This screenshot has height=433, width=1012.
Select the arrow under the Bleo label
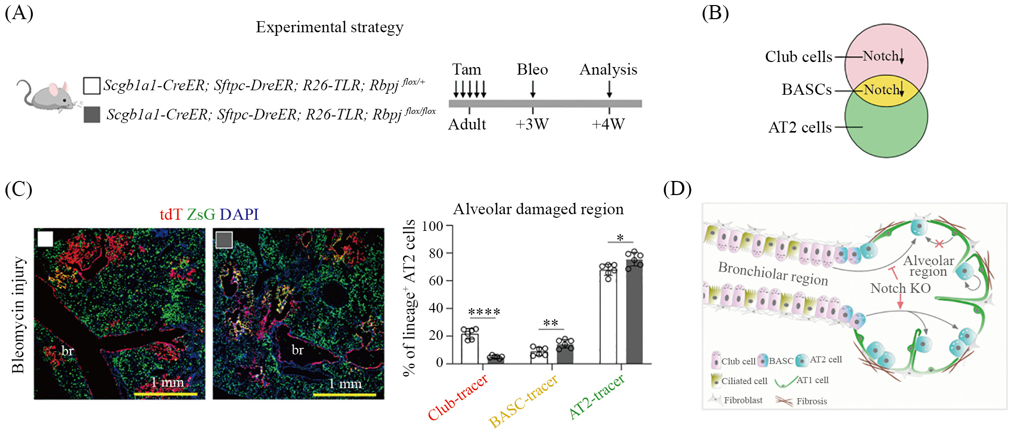(x=532, y=89)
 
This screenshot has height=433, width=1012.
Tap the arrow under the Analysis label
(x=609, y=89)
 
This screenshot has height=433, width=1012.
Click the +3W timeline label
(x=532, y=124)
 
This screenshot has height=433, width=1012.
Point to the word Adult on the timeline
(x=467, y=124)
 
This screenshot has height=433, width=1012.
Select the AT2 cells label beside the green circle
(x=799, y=128)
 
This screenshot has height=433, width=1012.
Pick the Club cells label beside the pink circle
(x=798, y=57)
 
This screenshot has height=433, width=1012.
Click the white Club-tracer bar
(x=469, y=348)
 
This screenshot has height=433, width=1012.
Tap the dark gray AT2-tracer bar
(x=634, y=312)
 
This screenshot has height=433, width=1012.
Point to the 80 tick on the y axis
(x=436, y=253)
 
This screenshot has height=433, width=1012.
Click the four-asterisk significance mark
(x=484, y=312)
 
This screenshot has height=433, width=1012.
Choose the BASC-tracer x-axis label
(x=524, y=401)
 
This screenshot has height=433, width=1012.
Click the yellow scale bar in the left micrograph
(x=165, y=394)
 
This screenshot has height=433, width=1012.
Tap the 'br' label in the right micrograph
(x=298, y=350)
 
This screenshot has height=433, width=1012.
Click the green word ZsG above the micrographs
(x=200, y=214)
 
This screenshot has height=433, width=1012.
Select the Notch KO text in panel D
(x=900, y=288)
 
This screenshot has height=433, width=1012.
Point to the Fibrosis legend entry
(x=811, y=401)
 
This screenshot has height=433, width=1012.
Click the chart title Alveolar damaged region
(x=538, y=209)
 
